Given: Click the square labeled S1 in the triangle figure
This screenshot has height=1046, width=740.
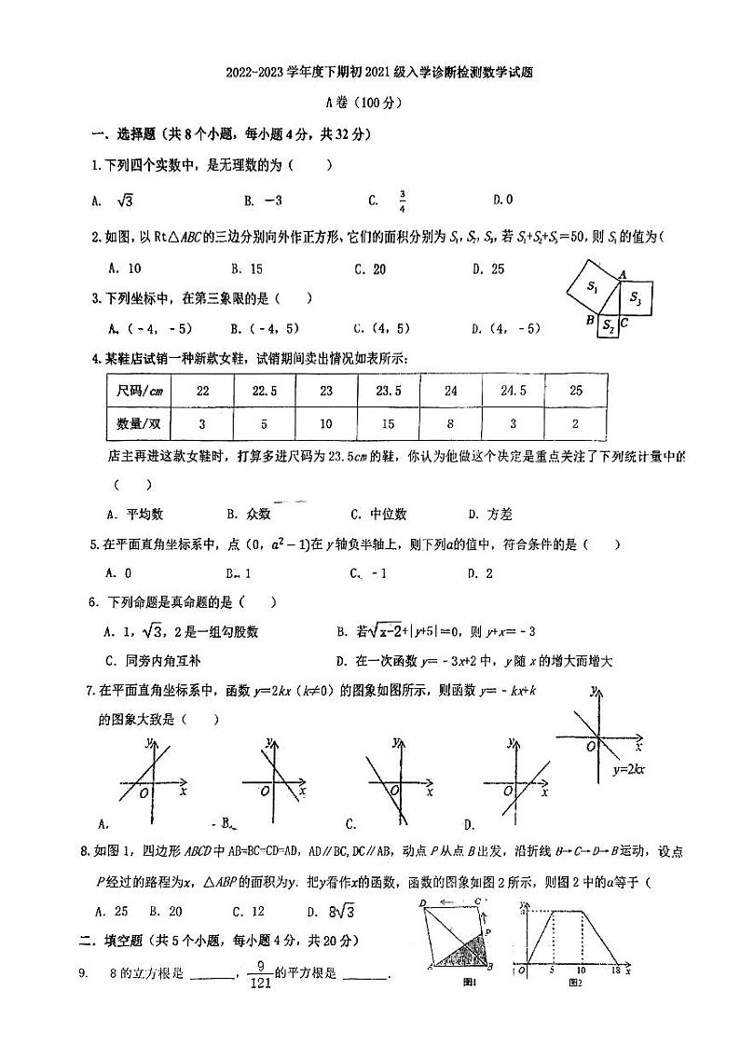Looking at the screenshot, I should tap(592, 288).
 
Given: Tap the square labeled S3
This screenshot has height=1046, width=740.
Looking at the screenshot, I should tap(636, 298).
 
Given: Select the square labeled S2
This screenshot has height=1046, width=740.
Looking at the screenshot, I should tap(607, 324).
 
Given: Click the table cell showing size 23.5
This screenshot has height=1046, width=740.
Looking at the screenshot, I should tap(388, 391).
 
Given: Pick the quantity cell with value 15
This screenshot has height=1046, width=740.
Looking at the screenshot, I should tap(388, 423).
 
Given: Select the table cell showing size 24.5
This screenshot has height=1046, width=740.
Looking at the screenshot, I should tap(513, 391).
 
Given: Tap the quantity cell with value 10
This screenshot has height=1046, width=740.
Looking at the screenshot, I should tap(325, 423).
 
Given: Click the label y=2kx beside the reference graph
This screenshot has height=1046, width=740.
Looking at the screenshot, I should tap(630, 770).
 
